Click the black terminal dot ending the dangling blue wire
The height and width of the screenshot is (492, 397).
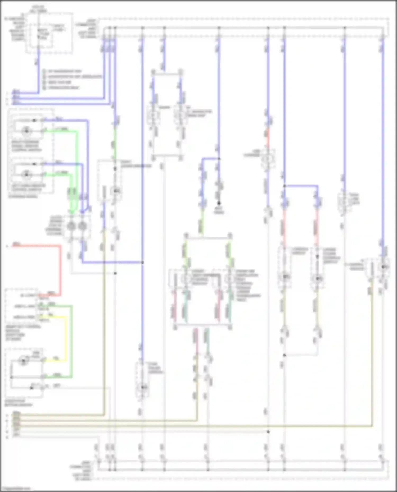pyautogui.click(x=219, y=203)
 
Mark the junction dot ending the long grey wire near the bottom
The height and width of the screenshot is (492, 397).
pyautogui.click(x=268, y=431)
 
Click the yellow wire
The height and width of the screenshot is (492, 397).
pyautogui.click(x=65, y=338)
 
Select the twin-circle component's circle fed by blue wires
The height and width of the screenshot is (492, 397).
pyautogui.click(x=83, y=226)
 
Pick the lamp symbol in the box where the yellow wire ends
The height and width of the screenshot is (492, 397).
pyautogui.click(x=23, y=361)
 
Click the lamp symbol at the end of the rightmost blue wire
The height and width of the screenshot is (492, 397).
pyautogui.click(x=384, y=267)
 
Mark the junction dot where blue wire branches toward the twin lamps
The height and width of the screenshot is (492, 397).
pyautogui.click(x=285, y=186)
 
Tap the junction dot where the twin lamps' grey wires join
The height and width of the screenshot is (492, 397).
pyautogui.click(x=285, y=355)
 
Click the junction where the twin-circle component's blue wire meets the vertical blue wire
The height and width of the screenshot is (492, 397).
pyautogui.click(x=142, y=263)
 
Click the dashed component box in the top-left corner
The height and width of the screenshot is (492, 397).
pyautogui.click(x=49, y=33)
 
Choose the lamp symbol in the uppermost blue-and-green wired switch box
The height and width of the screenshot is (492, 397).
pyautogui.click(x=26, y=131)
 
